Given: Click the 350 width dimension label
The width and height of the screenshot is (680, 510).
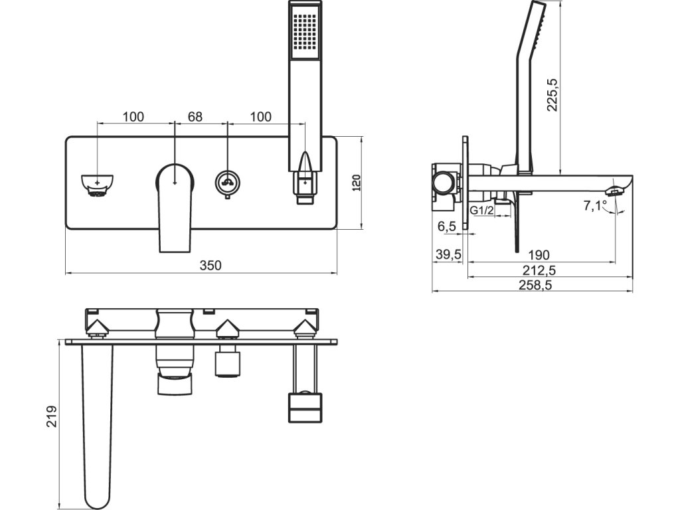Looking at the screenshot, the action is pos(211,265).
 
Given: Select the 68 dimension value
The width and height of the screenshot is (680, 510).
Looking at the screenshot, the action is pos(195,117).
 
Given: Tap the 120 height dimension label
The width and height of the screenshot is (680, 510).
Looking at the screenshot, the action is pos(356,183).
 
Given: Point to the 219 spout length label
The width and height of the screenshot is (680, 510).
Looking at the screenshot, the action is pos(52,416).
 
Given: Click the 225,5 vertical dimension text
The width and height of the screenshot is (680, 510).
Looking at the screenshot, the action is pos(552,94).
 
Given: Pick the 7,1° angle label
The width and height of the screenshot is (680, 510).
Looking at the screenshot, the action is pos(595,206).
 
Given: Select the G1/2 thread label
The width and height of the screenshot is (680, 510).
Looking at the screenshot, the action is pos(481,211).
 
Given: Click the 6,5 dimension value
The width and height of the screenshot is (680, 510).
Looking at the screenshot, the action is pos(447,226).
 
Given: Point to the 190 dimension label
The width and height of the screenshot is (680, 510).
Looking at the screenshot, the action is pos(541,255).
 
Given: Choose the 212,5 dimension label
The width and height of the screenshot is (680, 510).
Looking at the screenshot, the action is pos(539,270).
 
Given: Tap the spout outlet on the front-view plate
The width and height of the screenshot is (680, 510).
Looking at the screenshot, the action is pos(98,185).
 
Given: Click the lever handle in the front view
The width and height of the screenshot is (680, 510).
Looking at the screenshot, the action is pos(175,203).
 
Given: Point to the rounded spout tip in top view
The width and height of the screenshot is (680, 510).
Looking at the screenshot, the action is pos(97,491).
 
